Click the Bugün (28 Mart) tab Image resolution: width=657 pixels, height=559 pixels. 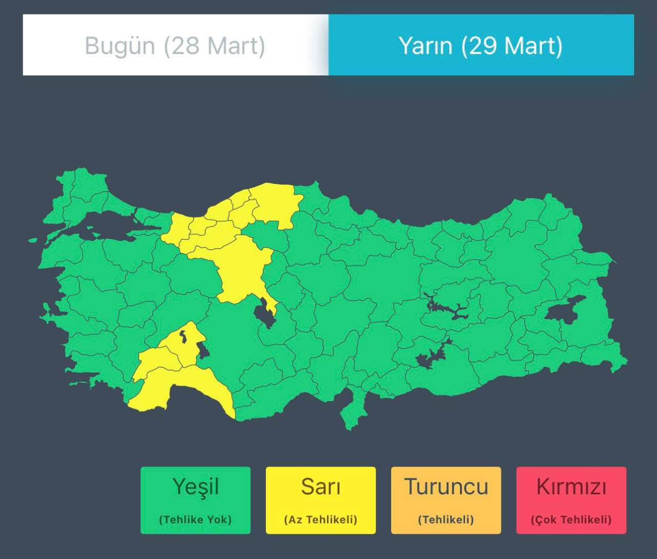point(175,45)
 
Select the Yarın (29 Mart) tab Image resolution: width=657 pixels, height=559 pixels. point(481,45)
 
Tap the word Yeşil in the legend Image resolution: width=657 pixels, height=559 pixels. point(196,487)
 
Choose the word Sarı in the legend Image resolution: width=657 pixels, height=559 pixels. point(321,487)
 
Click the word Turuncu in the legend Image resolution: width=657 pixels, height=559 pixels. point(446,487)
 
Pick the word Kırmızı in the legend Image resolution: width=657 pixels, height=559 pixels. point(571,487)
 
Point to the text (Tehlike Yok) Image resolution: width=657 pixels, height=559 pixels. point(196,519)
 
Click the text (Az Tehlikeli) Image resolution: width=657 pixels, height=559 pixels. point(321,519)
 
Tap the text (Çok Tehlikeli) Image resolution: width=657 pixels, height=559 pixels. point(571,519)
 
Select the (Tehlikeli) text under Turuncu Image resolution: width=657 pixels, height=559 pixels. point(446,519)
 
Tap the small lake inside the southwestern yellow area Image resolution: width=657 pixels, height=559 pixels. point(183,337)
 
